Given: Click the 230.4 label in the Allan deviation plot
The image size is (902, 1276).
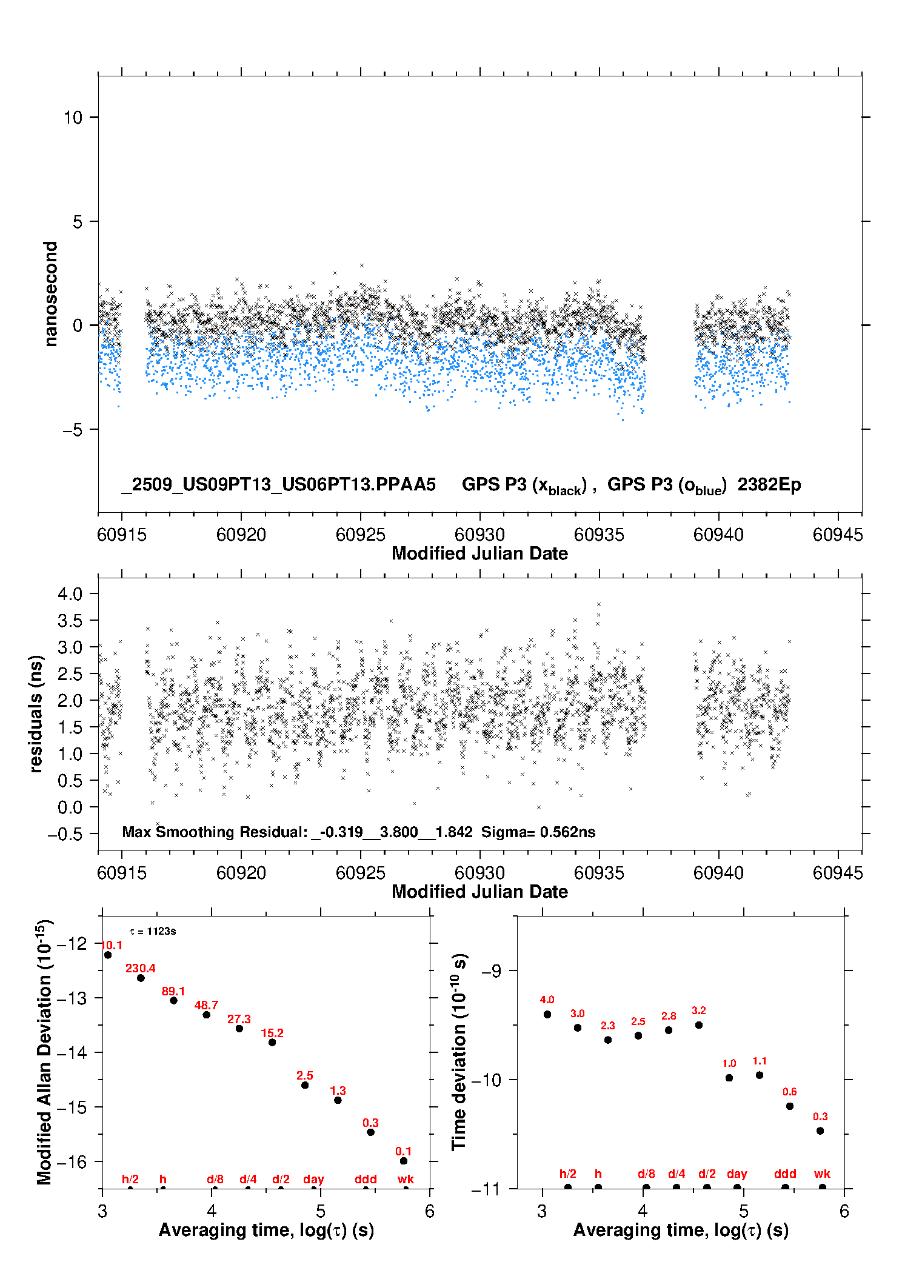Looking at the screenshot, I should [x=140, y=968].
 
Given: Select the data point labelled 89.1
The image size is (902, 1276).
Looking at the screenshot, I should [x=173, y=1000].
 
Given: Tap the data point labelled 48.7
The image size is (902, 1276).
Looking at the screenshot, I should [x=206, y=1015].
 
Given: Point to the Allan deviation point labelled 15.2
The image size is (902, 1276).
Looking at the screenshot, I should [x=272, y=1042].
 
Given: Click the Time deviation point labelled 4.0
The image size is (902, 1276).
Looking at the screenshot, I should [x=547, y=1014].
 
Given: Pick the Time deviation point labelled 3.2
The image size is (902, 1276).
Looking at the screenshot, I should [x=699, y=1025].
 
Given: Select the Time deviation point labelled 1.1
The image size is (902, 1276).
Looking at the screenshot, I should [x=760, y=1075].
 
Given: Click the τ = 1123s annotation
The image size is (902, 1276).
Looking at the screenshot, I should [x=153, y=931].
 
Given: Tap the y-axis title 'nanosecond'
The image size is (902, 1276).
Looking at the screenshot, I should [x=50, y=294].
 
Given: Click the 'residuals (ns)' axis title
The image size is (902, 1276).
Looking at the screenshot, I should [x=36, y=713].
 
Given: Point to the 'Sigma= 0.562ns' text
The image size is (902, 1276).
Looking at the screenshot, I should [x=538, y=832].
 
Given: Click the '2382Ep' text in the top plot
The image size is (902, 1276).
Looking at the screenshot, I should [x=769, y=484].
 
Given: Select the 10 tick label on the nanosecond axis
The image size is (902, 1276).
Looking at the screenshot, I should [x=73, y=118].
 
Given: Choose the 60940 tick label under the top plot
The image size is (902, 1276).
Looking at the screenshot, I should [x=718, y=535].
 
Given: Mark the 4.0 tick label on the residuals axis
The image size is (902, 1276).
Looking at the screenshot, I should [x=70, y=593].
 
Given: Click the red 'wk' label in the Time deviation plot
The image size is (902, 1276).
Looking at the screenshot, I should [x=822, y=1174].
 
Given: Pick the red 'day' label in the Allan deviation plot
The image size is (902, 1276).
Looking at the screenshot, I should [x=313, y=1179].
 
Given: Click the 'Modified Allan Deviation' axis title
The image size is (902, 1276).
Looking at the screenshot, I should [x=45, y=1052].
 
